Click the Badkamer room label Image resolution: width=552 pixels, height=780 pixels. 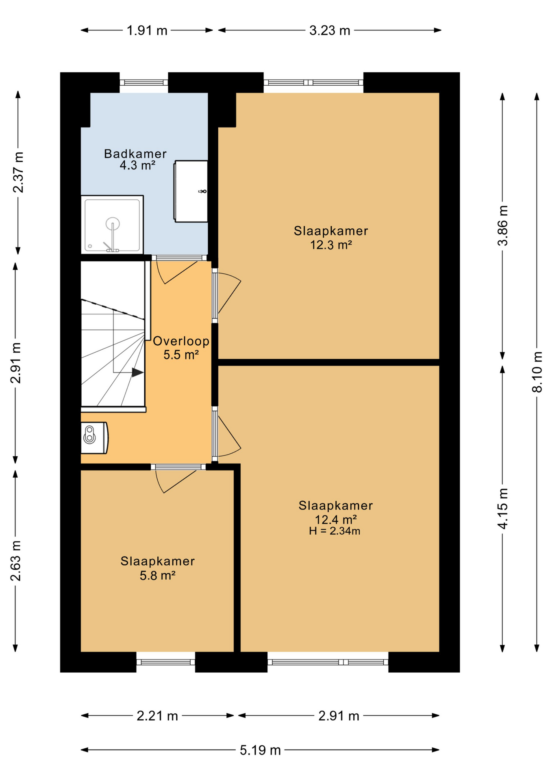tap(135, 154)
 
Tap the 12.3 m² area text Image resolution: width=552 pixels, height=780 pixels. tap(331, 245)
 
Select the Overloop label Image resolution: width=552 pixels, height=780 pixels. tap(181, 341)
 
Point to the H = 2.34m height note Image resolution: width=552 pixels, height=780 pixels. tap(335, 531)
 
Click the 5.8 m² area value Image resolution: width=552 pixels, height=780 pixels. tap(158, 576)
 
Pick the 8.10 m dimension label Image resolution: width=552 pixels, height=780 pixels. tap(537, 372)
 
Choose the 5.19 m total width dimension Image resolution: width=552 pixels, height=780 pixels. tap(260, 750)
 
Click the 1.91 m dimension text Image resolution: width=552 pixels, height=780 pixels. tap(147, 30)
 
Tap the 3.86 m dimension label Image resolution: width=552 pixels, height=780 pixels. tap(503, 225)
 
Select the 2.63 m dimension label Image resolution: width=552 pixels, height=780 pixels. tap(15, 561)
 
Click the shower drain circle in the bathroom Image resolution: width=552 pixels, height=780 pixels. tap(113, 223)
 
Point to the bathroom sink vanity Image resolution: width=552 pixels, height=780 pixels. tap(191, 191)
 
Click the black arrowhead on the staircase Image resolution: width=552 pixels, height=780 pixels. tap(137, 372)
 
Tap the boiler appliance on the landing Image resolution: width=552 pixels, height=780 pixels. tap(94, 438)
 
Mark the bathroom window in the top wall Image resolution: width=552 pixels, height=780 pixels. tap(144, 82)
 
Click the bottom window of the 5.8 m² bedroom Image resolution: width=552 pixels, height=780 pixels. tap(165, 662)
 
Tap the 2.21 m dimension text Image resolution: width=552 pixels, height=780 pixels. tap(157, 716)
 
